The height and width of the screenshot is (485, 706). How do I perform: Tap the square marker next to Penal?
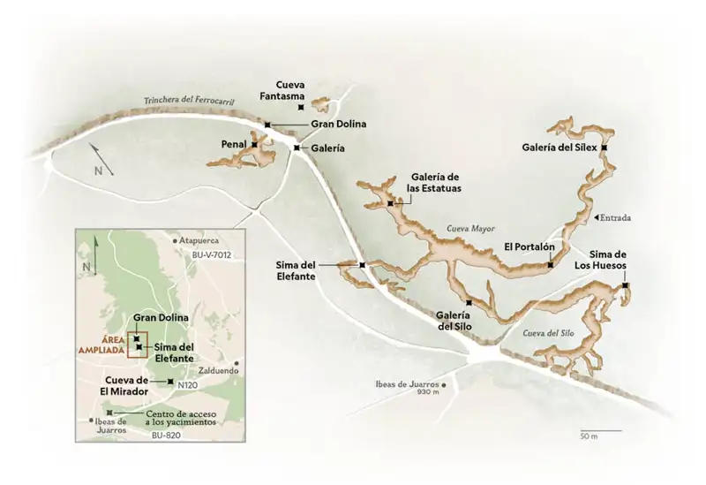click(x=254, y=144)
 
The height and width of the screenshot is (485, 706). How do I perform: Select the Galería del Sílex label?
click(x=560, y=147)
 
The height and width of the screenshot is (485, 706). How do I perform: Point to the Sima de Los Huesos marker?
click(x=625, y=285)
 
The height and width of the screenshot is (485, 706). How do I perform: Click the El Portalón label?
click(x=529, y=246)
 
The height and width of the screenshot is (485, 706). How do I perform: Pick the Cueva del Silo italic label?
click(x=549, y=333)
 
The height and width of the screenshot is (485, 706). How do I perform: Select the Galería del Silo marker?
click(x=469, y=304)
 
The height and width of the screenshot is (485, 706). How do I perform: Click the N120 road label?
click(x=188, y=385)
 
